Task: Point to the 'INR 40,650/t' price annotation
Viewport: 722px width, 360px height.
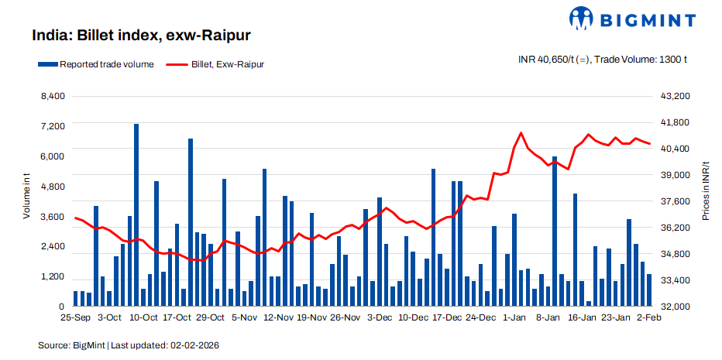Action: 552,60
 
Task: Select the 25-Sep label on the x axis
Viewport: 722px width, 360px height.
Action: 75,317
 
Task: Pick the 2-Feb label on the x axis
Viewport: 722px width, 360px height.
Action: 648,317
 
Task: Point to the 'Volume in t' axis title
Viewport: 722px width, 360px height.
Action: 26,197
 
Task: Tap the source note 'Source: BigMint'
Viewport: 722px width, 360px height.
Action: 70,344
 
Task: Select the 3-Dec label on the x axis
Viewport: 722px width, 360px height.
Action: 380,317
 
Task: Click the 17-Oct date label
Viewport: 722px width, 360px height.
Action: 177,317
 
